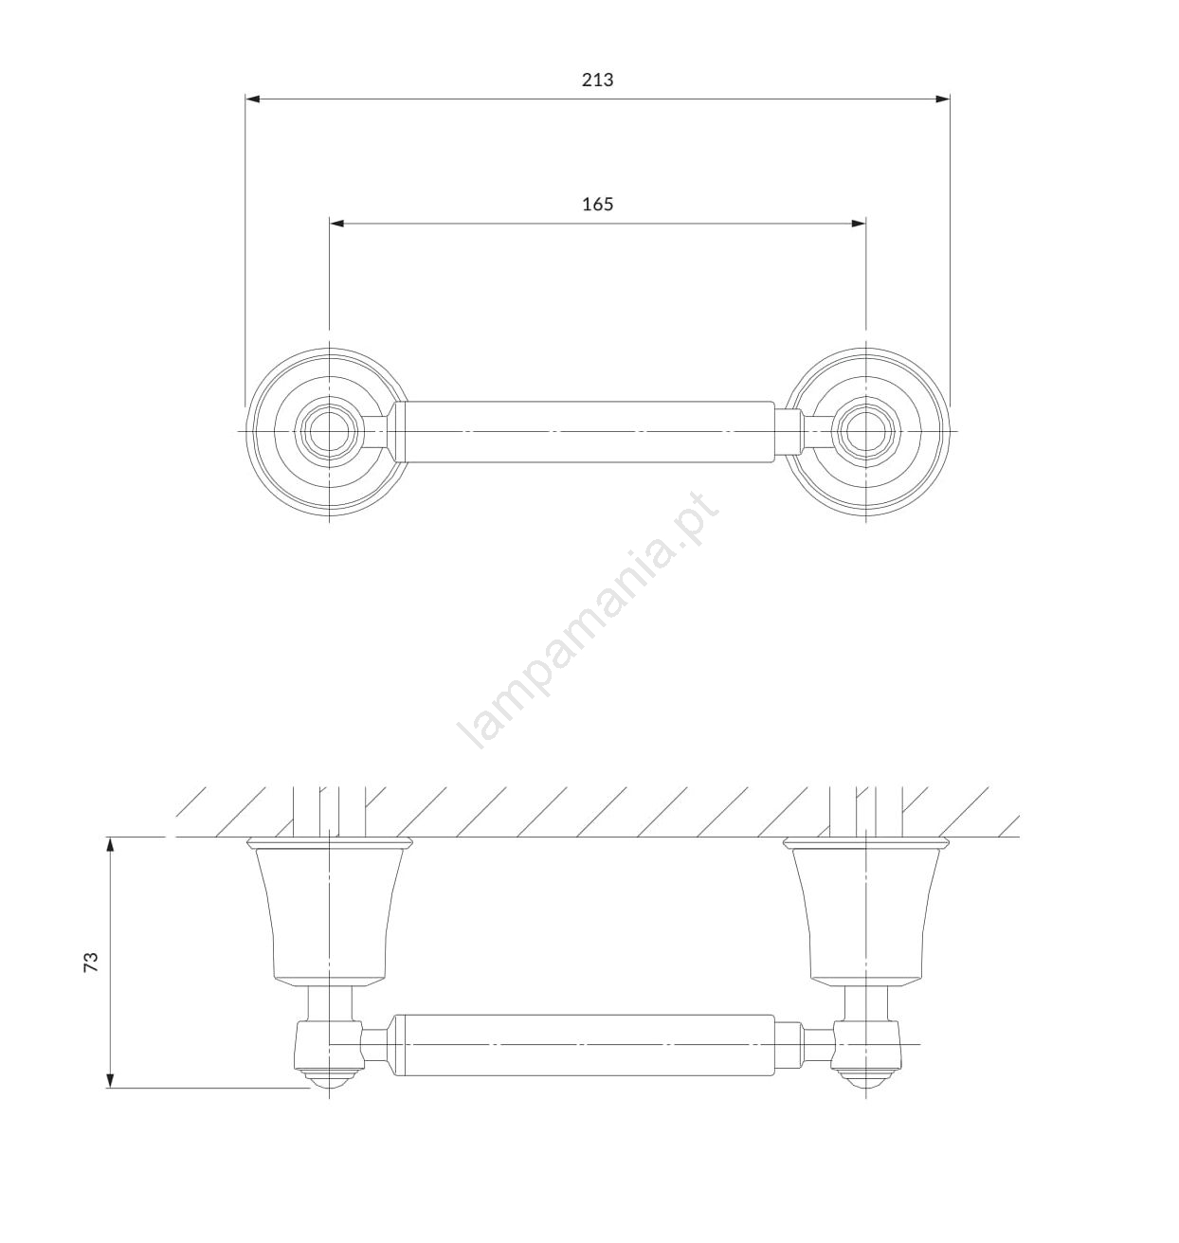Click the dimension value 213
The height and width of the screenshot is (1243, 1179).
(x=597, y=80)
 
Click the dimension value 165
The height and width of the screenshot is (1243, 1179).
(x=597, y=204)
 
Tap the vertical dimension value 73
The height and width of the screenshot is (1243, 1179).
(x=92, y=962)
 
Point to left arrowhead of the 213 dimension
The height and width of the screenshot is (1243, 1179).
(x=252, y=99)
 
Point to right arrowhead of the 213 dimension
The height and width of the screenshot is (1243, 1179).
(x=942, y=99)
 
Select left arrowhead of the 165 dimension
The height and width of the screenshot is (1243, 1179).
(x=336, y=224)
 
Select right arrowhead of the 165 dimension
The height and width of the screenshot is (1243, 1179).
(x=859, y=224)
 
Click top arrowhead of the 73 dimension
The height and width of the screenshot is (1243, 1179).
(x=111, y=845)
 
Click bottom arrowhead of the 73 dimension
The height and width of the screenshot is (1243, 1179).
(x=111, y=1080)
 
